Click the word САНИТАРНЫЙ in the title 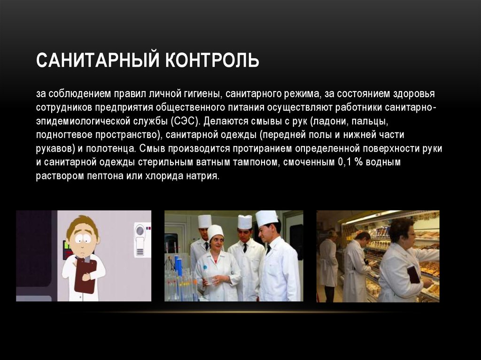click(x=98, y=60)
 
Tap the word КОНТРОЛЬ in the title click(x=212, y=60)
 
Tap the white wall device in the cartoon click(x=142, y=240)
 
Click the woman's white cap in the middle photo click(x=215, y=231)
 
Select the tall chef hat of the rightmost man click(x=266, y=218)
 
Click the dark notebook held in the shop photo click(x=413, y=274)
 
